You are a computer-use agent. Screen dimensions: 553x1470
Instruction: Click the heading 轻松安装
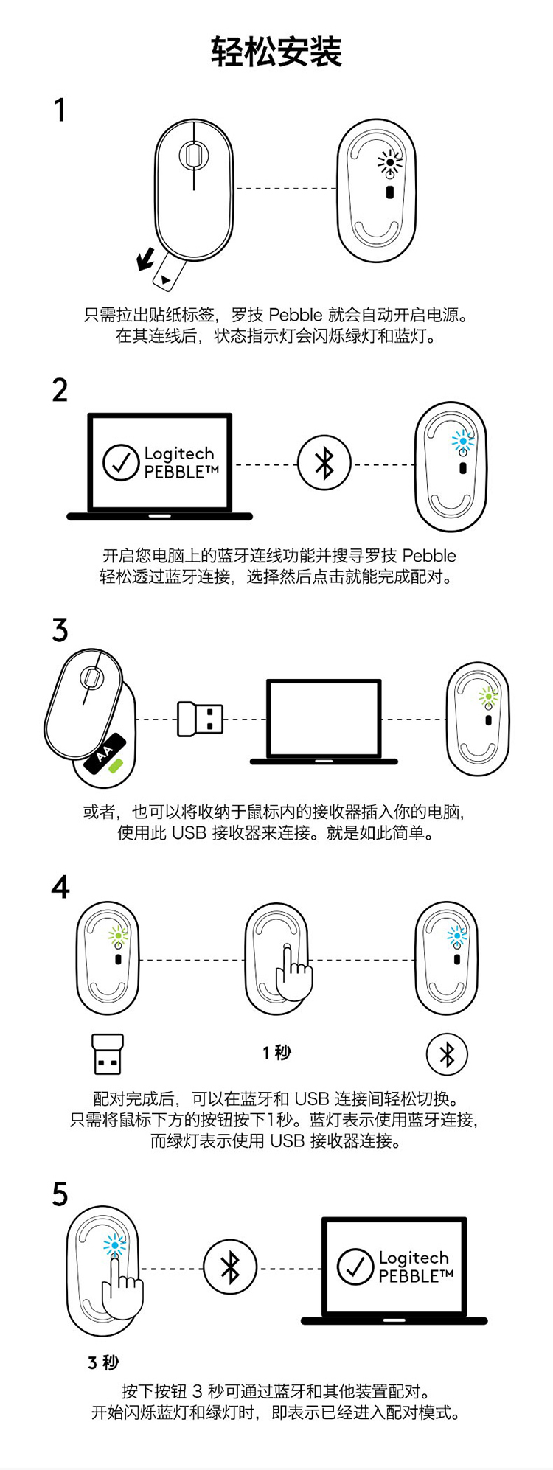(276, 52)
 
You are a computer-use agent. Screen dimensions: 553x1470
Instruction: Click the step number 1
(60, 111)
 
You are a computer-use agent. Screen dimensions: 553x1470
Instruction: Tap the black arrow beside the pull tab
(146, 259)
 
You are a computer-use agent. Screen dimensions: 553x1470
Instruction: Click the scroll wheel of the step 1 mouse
(193, 155)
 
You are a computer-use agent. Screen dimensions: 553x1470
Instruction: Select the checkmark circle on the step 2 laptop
(121, 462)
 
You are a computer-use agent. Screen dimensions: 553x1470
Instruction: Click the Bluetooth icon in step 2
(324, 464)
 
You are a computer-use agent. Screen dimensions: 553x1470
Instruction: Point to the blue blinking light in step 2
(463, 441)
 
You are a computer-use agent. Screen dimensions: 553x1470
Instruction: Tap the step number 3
(60, 630)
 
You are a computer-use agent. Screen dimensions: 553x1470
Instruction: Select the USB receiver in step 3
(200, 719)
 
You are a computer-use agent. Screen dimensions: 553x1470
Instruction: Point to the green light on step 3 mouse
(487, 695)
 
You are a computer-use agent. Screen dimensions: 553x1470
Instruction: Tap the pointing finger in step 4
(293, 974)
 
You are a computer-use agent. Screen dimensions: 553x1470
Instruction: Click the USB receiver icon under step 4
(108, 1054)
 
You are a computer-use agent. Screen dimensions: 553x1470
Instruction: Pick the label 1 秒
(276, 1053)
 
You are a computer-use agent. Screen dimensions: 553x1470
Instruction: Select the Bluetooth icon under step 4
(447, 1054)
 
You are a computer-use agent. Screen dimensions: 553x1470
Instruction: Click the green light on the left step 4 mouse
(118, 936)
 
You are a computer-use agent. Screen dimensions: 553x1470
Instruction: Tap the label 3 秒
(103, 1363)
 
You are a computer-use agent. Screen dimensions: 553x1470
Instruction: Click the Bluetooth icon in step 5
(230, 1268)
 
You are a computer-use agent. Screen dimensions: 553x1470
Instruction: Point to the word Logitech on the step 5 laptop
(413, 1258)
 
